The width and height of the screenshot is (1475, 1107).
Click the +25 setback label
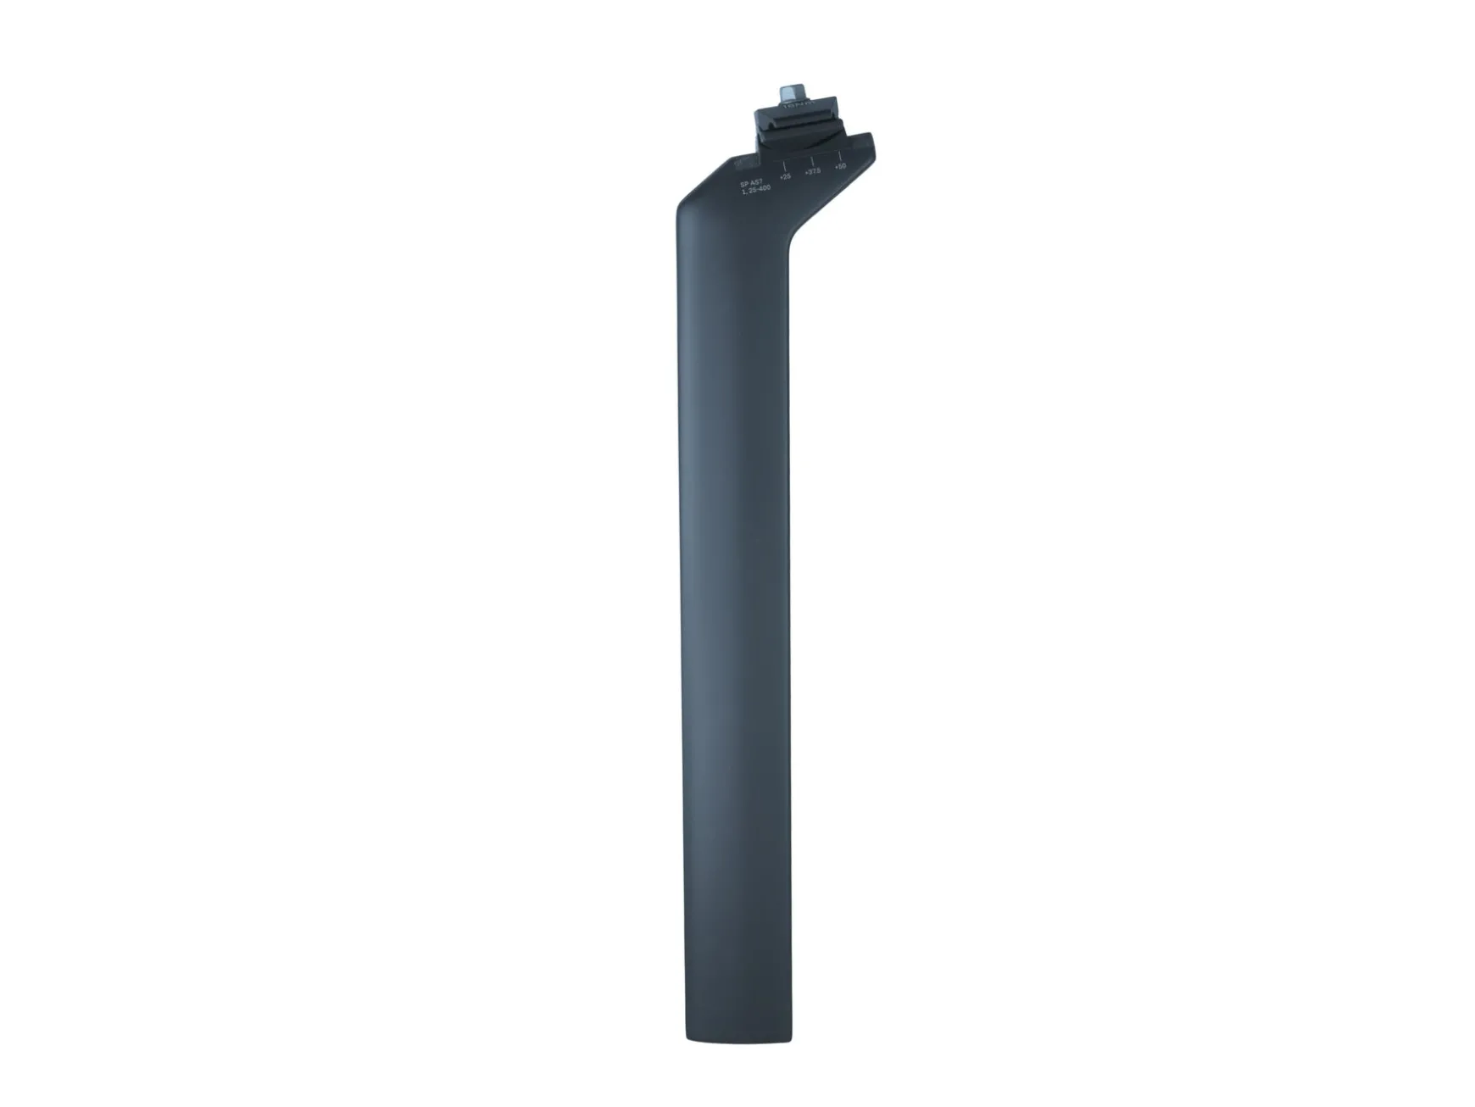pos(785,176)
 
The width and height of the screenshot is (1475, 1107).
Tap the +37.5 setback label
pos(812,171)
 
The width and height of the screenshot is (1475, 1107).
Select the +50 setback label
pos(840,166)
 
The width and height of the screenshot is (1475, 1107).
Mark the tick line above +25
pos(784,164)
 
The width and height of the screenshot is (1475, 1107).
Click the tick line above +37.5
pos(812,159)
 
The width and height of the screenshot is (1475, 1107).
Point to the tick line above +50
pos(839,155)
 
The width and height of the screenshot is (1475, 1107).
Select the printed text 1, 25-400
pos(755,190)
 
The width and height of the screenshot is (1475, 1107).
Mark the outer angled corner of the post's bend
pos(678,208)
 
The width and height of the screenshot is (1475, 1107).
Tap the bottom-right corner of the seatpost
pos(791,1038)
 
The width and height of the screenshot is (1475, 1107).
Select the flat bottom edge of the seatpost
pos(737,1042)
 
